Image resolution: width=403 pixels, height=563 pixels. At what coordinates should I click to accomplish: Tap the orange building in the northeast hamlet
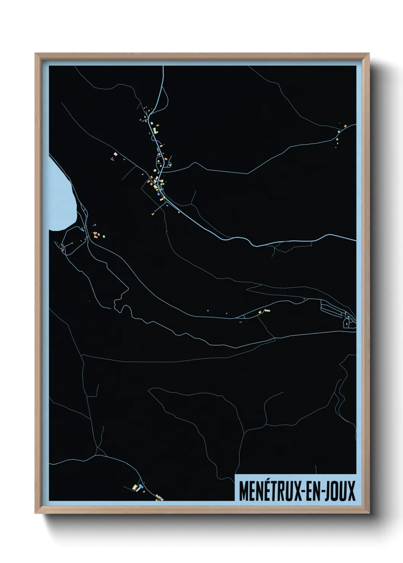345,126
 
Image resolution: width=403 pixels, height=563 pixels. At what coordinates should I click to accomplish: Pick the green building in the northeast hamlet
338,132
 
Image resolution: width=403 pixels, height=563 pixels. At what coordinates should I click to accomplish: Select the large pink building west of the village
115,154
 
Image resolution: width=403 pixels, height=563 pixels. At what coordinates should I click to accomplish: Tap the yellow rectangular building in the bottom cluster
134,487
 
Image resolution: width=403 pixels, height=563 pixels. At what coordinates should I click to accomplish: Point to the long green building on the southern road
267,310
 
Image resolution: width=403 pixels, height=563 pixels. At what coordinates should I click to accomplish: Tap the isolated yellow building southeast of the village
179,212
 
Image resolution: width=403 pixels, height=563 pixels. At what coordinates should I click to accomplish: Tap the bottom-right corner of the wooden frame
369,514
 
